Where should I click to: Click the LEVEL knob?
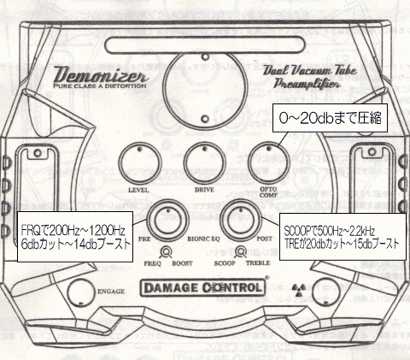(x=139, y=163)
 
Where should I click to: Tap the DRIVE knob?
(x=205, y=163)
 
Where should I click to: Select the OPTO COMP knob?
(x=269, y=163)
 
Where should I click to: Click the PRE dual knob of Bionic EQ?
(x=167, y=221)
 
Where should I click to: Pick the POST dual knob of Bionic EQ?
(x=241, y=221)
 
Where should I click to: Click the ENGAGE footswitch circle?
(x=81, y=292)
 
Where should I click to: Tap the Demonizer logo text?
(x=101, y=74)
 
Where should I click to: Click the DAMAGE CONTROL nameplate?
(x=202, y=287)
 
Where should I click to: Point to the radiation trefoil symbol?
(x=299, y=289)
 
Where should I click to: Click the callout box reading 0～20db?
(x=330, y=118)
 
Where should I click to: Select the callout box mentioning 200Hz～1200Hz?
(x=75, y=237)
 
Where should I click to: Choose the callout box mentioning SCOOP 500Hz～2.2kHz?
(x=343, y=237)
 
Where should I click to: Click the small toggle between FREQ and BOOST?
(x=166, y=252)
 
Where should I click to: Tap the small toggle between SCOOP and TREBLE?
(x=241, y=252)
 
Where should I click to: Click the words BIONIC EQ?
(x=203, y=239)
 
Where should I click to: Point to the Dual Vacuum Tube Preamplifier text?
(x=309, y=77)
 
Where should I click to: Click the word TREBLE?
(x=258, y=263)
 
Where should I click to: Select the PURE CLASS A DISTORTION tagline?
(x=100, y=86)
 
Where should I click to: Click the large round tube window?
(x=205, y=87)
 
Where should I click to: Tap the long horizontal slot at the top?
(x=205, y=45)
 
